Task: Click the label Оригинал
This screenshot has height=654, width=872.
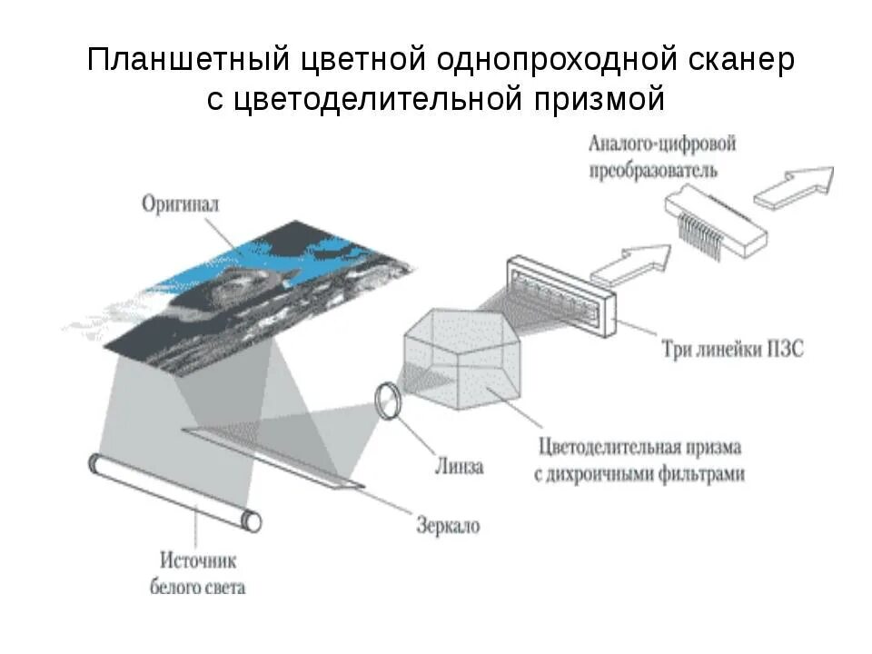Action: [181, 204]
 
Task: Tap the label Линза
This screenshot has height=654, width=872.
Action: [458, 467]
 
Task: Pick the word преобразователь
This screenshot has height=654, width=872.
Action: [652, 170]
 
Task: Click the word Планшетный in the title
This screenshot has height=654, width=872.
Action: [188, 61]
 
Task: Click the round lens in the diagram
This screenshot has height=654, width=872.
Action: [388, 400]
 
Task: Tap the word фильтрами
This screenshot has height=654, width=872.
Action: [704, 473]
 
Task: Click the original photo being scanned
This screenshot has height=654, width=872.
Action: [245, 291]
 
